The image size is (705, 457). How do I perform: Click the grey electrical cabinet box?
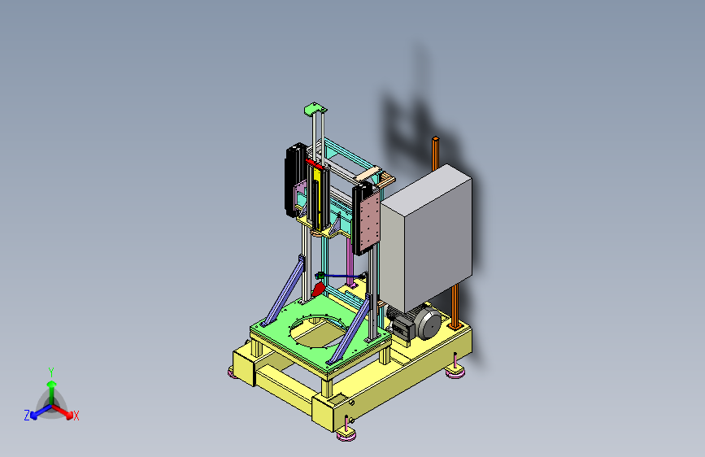pos(426,237)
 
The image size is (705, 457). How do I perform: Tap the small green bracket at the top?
pos(316,109)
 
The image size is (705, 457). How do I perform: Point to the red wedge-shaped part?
pos(318,289)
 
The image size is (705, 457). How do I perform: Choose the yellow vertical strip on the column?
pos(317,197)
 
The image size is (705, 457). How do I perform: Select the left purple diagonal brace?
pos(284,290)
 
